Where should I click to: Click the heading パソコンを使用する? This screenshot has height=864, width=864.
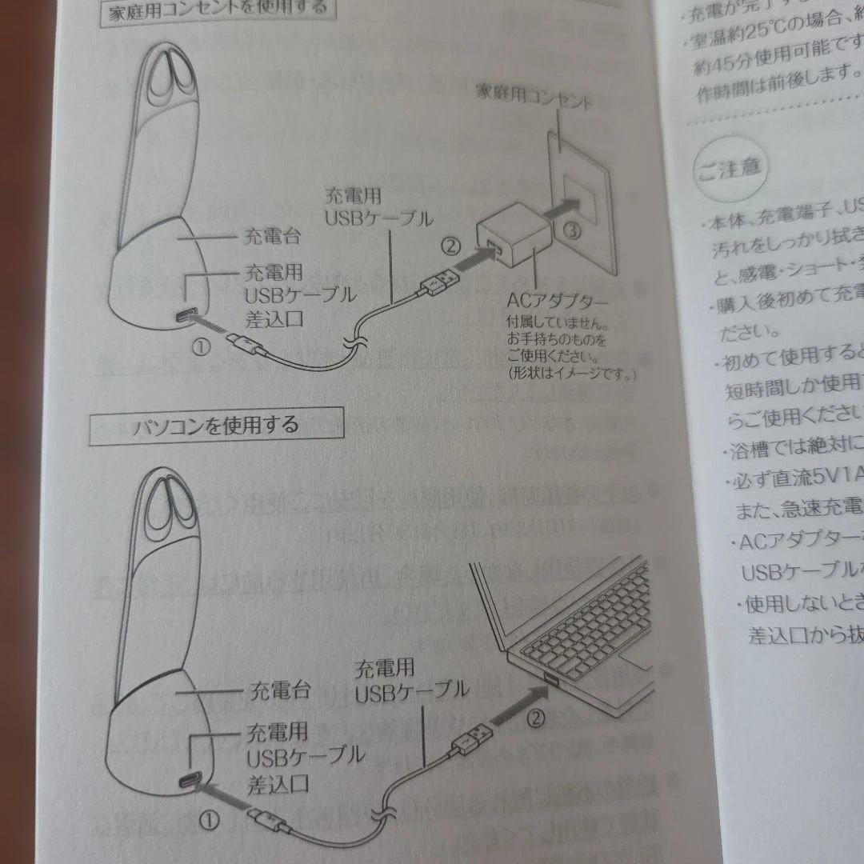click(216, 424)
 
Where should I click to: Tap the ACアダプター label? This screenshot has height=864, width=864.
click(557, 302)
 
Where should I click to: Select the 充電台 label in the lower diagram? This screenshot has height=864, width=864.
click(279, 689)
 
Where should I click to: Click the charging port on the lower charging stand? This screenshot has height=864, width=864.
click(193, 782)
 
